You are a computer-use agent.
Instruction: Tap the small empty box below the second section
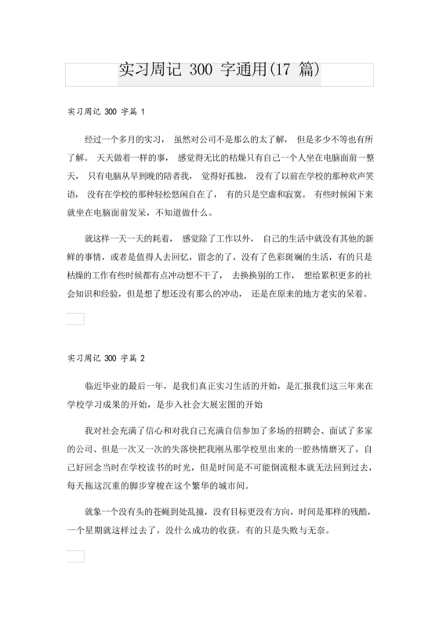75,556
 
